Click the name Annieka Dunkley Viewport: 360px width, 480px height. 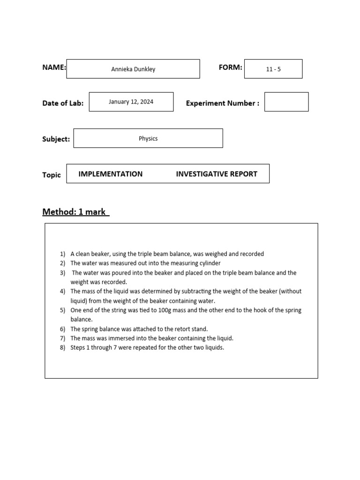click(x=133, y=69)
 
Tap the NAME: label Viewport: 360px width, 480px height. click(x=54, y=67)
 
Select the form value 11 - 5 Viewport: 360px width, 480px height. click(x=273, y=69)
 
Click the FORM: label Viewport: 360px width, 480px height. click(x=230, y=67)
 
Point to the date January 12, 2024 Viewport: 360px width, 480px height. click(x=131, y=102)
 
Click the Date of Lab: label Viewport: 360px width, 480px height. click(x=63, y=104)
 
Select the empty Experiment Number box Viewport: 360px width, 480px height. click(x=286, y=102)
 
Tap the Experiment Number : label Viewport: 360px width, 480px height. click(x=222, y=104)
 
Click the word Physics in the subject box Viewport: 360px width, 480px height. click(x=148, y=139)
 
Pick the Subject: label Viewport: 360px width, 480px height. click(x=56, y=139)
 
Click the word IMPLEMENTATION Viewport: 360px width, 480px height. click(x=111, y=174)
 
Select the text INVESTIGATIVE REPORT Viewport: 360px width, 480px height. click(x=217, y=174)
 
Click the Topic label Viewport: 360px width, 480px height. click(x=52, y=175)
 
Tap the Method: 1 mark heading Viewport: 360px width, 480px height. click(x=75, y=212)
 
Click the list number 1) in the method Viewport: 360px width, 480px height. click(x=63, y=254)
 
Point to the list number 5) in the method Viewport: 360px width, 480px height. click(x=63, y=310)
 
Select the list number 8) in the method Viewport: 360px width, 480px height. click(x=63, y=348)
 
